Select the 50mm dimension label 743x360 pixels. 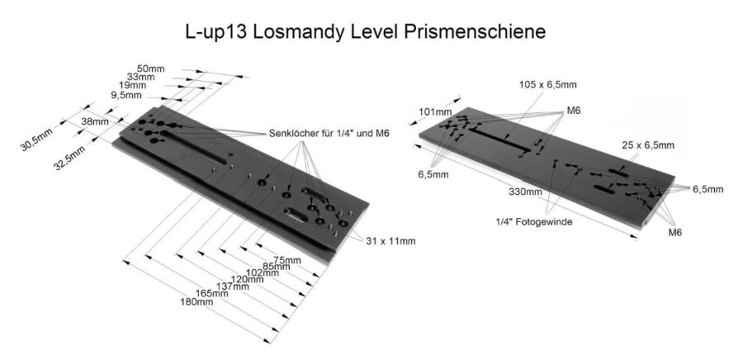click(x=150, y=69)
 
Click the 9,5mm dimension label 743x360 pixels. click(x=126, y=95)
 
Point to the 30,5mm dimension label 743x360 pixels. click(x=36, y=140)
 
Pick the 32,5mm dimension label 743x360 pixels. click(x=69, y=158)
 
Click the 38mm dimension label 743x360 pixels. click(x=95, y=121)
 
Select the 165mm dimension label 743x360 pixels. click(x=212, y=294)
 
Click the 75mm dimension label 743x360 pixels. click(x=287, y=260)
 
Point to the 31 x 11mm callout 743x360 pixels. click(x=390, y=241)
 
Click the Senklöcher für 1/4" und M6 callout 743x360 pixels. click(x=329, y=134)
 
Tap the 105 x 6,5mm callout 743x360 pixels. click(x=548, y=85)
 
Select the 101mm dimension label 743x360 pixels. click(x=435, y=112)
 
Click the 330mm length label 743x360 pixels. click(x=525, y=192)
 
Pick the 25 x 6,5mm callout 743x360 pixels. click(x=648, y=145)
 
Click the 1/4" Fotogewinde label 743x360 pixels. click(x=534, y=221)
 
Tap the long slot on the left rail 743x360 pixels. click(x=193, y=147)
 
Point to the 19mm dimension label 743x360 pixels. click(x=133, y=86)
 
